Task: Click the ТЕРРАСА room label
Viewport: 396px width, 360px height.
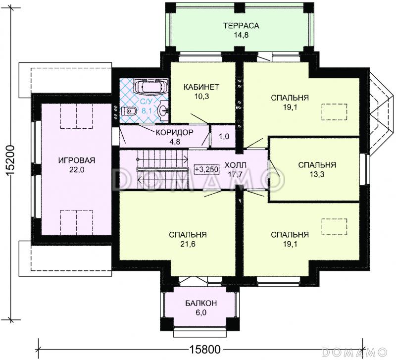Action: (241, 26)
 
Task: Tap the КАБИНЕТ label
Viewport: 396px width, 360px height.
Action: (201, 87)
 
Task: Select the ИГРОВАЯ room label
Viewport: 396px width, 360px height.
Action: (77, 160)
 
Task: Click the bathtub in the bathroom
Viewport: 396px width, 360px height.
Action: (151, 86)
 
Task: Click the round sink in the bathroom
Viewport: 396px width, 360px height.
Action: (163, 110)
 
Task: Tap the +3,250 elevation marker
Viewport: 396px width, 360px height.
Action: (206, 169)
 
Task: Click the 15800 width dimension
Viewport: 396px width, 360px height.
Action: (205, 350)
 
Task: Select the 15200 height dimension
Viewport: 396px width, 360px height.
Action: (10, 160)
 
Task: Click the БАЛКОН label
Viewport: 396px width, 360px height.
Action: (201, 303)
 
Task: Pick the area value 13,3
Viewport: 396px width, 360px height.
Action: (317, 174)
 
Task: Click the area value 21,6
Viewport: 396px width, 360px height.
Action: (188, 244)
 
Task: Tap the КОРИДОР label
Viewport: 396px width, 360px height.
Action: (175, 132)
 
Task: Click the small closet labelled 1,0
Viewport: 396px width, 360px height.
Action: (224, 136)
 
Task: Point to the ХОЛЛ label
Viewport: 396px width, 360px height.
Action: (235, 165)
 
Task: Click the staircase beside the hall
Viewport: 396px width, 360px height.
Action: (163, 169)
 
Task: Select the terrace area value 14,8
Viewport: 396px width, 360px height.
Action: (241, 35)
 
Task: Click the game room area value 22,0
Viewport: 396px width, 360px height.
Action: (77, 170)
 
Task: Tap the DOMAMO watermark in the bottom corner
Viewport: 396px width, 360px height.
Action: (354, 352)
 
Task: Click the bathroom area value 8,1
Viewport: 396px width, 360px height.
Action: (146, 111)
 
